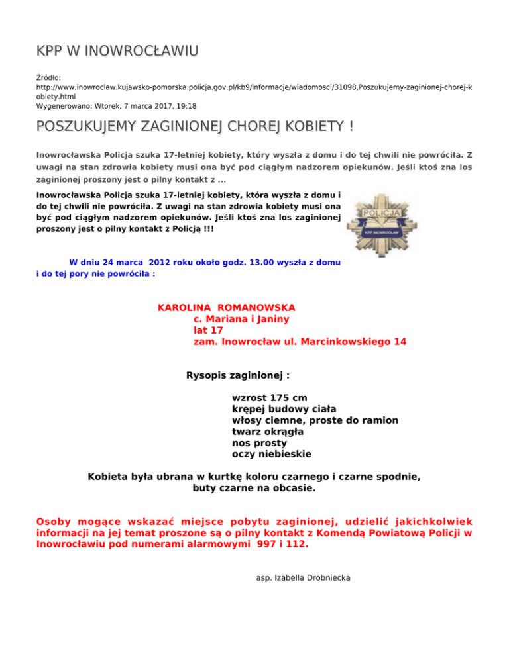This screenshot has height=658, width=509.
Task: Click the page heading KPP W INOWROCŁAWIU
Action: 118,51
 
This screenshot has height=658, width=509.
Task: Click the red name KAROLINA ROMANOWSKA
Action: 226,308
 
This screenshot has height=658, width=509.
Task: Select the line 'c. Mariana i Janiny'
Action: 241,319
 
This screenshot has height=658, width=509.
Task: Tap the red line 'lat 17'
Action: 208,330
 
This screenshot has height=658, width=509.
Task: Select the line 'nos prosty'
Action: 259,443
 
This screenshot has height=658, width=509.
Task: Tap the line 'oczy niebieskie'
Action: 271,454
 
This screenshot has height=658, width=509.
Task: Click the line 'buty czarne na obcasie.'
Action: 254,489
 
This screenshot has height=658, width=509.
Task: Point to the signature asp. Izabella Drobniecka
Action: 303,578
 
